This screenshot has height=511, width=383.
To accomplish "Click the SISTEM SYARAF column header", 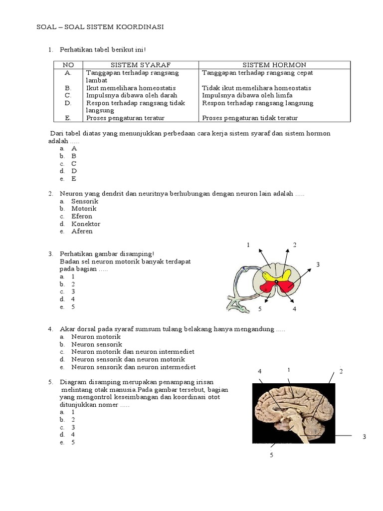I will coord(141,65).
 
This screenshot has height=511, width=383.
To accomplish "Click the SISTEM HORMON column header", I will coord(274,65).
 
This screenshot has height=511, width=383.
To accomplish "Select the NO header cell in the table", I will coord(68,65).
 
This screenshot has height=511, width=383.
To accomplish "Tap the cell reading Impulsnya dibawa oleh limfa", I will coord(247,95).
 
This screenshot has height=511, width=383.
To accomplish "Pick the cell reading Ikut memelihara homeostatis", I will coord(124,88).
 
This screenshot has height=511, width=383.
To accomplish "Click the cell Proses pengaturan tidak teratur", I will coord(250,118).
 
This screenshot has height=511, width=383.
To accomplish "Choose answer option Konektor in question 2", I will coord(86,224).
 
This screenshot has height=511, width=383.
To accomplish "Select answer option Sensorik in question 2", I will coord(85,201).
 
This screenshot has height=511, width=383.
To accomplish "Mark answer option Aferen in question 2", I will coord(82,232).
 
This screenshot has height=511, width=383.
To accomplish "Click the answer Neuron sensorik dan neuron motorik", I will coord(128,359).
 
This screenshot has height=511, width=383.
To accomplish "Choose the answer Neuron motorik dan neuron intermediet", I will coord(133,352).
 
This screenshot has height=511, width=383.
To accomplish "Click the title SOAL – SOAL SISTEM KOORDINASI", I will coord(100,27).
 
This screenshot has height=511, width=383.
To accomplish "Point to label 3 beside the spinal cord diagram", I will coord(318,264).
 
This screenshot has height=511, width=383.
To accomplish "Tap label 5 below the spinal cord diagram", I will coord(260,309).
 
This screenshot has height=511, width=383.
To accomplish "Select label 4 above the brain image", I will coord(260,372).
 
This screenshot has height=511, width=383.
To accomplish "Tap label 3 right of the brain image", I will coord(365,437).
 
